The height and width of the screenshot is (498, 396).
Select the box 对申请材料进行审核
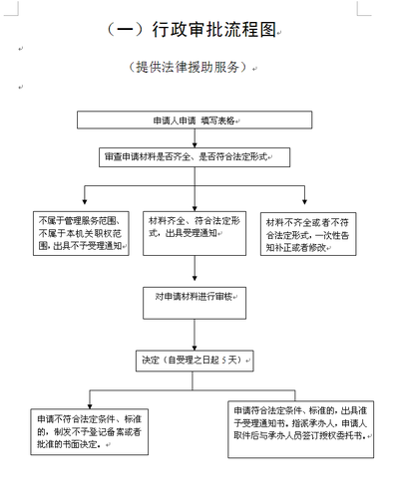[x=196, y=296]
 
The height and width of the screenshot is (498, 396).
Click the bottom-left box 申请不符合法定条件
[x=83, y=431]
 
